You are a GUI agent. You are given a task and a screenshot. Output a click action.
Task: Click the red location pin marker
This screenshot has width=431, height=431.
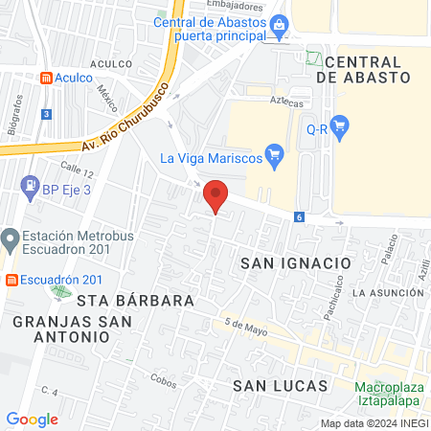(216, 195)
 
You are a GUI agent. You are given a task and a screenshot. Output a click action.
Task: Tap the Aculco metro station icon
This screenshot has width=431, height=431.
(45, 78)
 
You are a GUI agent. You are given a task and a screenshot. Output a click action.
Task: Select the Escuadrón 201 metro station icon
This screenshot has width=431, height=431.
(12, 281)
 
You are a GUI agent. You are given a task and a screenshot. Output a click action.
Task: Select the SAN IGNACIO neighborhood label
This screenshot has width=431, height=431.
(296, 262)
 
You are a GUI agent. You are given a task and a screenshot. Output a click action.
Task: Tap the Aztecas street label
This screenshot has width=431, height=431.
(286, 102)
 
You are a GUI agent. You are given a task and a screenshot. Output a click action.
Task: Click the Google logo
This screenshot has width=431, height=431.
(32, 419)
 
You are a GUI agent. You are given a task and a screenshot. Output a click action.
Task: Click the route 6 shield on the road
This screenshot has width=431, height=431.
(300, 217)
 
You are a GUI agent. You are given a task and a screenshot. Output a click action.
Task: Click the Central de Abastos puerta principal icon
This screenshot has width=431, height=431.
(279, 23)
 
